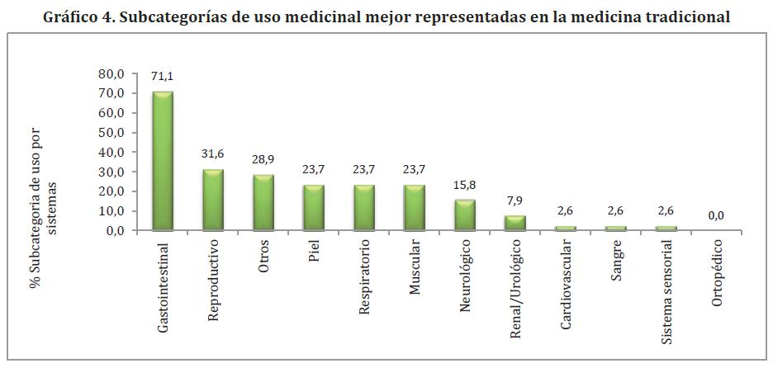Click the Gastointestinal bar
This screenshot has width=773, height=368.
164,160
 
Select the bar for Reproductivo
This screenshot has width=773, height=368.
214,200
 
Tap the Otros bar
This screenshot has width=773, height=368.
263,202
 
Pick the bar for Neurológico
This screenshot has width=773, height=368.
464,215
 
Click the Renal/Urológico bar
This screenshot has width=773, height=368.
515,223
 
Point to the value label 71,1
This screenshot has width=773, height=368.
163,76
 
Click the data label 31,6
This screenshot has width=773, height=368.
214,154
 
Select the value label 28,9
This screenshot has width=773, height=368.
263,159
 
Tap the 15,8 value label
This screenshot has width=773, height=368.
464,185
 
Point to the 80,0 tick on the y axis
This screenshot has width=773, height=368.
110,73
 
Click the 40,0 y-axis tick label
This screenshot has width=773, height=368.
110,152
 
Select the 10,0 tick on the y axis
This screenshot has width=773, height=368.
110,211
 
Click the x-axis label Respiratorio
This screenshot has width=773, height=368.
364,278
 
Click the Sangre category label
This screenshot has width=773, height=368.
615,262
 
